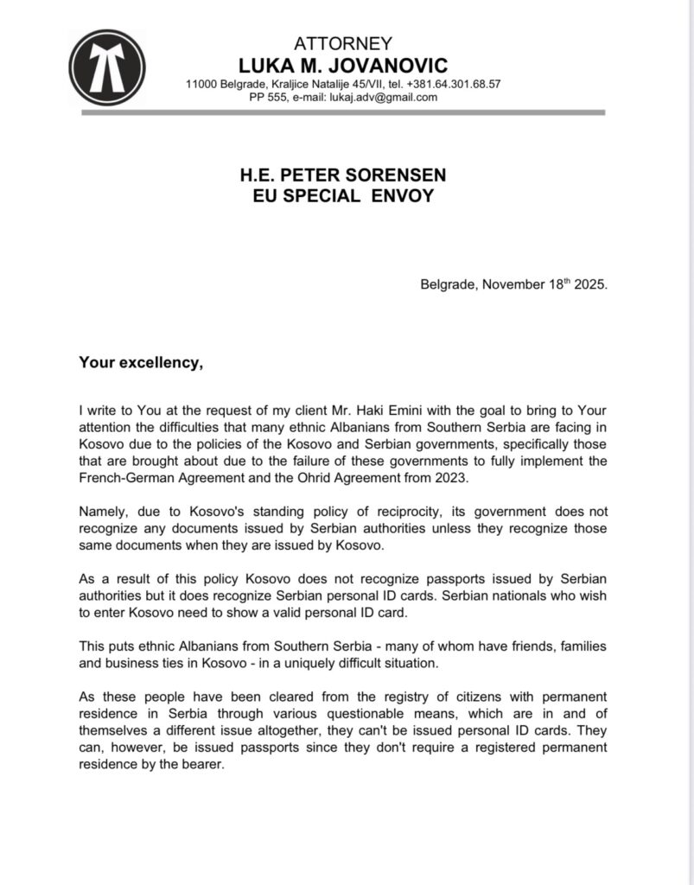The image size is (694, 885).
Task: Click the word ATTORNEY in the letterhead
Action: pos(343,43)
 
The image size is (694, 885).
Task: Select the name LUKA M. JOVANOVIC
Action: pos(343,65)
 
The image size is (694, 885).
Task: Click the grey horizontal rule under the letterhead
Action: pos(343,112)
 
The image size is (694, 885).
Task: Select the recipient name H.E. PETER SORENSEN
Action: pos(343,175)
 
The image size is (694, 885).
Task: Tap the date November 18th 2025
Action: pos(542,284)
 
